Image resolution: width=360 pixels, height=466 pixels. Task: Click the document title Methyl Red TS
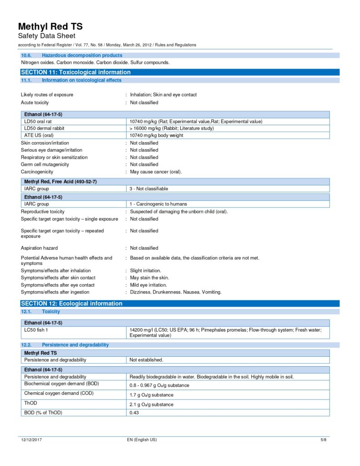pyautogui.click(x=50, y=26)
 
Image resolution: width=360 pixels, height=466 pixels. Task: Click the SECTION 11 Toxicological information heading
pyautogui.click(x=76, y=72)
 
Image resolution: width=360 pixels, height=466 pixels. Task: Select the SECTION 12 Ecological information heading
pyautogui.click(x=71, y=304)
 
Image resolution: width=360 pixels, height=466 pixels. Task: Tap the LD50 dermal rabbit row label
pyautogui.click(x=44, y=128)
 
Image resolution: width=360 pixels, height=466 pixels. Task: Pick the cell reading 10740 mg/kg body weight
pyautogui.click(x=156, y=135)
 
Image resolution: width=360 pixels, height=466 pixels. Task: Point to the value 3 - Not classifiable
pyautogui.click(x=149, y=188)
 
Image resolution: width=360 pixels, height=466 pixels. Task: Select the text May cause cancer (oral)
pyautogui.click(x=156, y=172)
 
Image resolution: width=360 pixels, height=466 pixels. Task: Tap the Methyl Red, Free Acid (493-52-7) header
pyautogui.click(x=60, y=182)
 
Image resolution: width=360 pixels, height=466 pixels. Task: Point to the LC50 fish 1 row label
pyautogui.click(x=36, y=329)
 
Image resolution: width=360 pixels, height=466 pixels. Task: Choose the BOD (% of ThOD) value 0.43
pyautogui.click(x=134, y=413)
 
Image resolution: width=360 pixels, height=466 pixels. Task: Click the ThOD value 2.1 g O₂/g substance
pyautogui.click(x=151, y=405)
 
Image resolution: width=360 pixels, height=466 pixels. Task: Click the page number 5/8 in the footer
pyautogui.click(x=324, y=440)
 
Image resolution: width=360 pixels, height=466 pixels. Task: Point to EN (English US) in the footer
pyautogui.click(x=142, y=440)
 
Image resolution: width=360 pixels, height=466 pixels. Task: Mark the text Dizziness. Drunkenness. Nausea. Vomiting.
pyautogui.click(x=176, y=292)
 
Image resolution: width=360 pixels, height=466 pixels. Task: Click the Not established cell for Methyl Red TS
pyautogui.click(x=146, y=360)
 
